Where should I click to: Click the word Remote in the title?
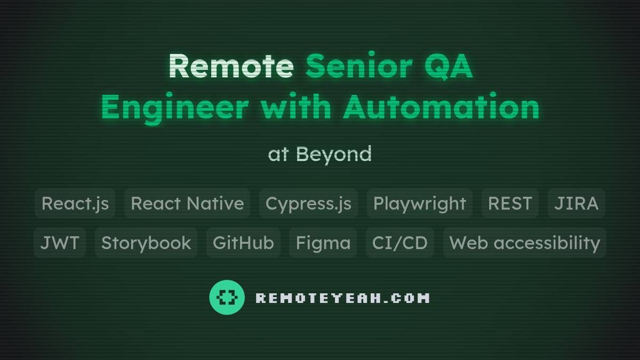(x=231, y=67)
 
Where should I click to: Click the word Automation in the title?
(x=441, y=107)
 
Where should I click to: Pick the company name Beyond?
(x=333, y=154)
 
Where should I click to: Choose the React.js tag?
(x=75, y=203)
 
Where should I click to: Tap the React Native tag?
(x=187, y=203)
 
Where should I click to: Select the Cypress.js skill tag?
(x=308, y=203)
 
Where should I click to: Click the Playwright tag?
(x=420, y=203)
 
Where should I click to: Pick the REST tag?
(x=510, y=203)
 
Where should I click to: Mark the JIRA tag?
(x=576, y=203)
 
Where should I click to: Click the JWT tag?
(x=60, y=243)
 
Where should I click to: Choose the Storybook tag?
(x=146, y=243)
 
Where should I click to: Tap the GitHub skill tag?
(x=243, y=243)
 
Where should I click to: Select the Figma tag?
(x=323, y=243)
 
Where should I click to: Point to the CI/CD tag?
(x=400, y=243)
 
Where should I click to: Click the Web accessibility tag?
(x=525, y=243)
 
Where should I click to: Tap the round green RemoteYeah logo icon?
(x=227, y=297)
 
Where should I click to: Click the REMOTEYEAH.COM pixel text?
(x=342, y=298)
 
